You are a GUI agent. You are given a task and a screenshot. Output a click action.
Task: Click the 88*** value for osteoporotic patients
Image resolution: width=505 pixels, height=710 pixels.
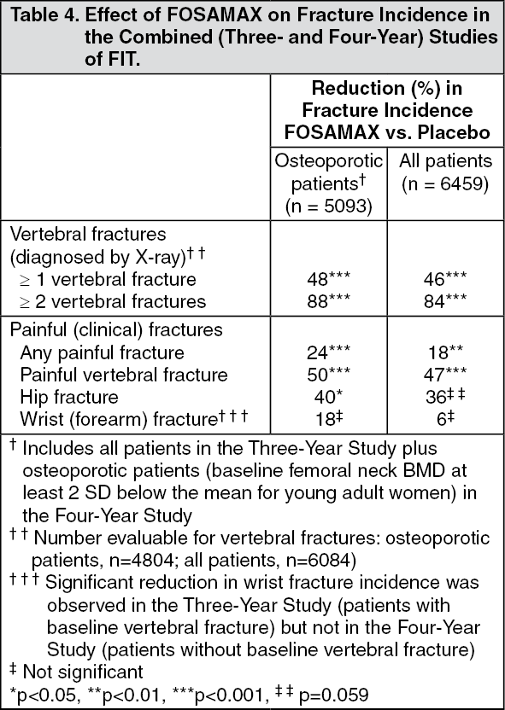(x=328, y=301)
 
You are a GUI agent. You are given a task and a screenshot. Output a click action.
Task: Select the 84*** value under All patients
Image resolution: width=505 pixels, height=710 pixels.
(x=440, y=301)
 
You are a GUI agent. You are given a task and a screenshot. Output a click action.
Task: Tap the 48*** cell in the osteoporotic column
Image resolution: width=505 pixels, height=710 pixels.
(x=328, y=279)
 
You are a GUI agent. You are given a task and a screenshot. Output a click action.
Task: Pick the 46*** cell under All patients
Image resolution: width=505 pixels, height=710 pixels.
(x=440, y=279)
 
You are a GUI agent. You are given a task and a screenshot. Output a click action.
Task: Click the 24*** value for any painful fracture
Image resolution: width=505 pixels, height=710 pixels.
(x=328, y=352)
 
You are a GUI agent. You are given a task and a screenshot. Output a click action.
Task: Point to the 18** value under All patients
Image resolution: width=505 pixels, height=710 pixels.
(x=440, y=352)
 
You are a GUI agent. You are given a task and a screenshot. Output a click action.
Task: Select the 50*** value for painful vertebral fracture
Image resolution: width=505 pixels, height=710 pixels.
(x=328, y=375)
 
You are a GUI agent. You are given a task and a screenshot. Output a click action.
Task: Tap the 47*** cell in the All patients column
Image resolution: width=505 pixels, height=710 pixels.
(x=440, y=375)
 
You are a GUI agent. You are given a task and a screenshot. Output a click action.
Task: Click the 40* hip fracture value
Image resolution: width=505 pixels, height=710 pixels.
(x=328, y=397)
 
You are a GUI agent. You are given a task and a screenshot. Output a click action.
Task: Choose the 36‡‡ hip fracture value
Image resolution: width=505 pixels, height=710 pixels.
(x=440, y=397)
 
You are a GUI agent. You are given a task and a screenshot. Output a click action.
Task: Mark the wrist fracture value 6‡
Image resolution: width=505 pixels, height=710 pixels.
(x=440, y=419)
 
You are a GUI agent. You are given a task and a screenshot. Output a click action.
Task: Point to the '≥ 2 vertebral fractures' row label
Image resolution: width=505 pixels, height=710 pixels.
(x=109, y=301)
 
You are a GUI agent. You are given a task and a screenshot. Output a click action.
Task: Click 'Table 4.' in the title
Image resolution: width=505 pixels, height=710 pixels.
(x=39, y=15)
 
